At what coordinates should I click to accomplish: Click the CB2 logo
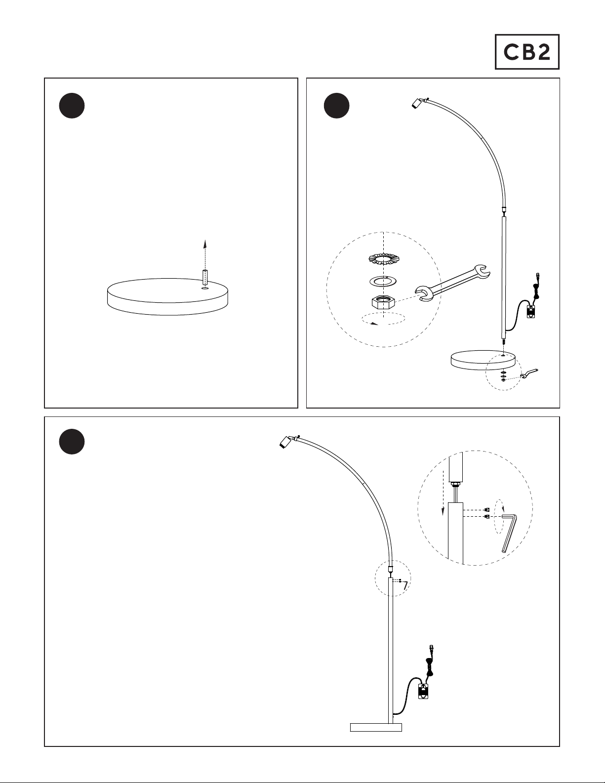[527, 52]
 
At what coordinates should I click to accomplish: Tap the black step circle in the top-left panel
[72, 106]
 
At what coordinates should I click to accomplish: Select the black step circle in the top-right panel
[337, 106]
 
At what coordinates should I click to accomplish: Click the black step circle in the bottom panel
[72, 442]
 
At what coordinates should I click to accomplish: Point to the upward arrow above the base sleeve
[205, 254]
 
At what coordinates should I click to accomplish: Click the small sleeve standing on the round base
[205, 278]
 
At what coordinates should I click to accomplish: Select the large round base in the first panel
[169, 296]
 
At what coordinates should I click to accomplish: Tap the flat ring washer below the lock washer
[384, 281]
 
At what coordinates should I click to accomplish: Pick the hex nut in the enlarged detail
[384, 301]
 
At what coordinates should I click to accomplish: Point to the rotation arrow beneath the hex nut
[384, 319]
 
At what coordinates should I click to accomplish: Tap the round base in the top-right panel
[483, 360]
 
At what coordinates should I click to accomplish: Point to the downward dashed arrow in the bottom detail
[443, 492]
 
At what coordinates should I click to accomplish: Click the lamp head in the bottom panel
[286, 442]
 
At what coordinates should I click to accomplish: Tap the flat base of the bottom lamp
[376, 728]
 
